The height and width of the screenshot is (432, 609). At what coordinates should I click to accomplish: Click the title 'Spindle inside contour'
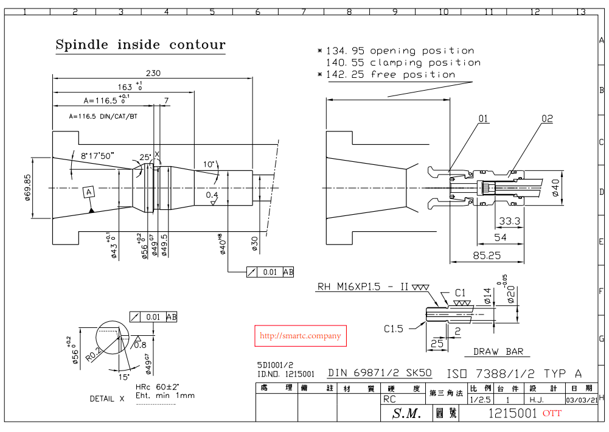(141, 45)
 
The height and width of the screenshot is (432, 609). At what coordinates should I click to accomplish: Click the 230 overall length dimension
(153, 73)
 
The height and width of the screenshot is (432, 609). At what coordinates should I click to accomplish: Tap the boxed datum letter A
(89, 192)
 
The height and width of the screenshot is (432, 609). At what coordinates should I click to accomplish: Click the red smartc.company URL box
(300, 336)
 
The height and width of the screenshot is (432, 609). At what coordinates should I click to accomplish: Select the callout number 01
(483, 119)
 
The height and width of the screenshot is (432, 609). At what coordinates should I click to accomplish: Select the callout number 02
(547, 119)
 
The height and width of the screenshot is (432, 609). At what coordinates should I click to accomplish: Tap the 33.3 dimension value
(509, 221)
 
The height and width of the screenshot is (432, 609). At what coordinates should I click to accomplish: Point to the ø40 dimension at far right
(555, 189)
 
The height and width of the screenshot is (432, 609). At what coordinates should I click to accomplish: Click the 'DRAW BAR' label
(498, 352)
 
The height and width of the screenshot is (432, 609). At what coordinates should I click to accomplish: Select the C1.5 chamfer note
(393, 329)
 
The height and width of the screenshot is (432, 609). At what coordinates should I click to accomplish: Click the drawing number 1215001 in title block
(513, 414)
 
